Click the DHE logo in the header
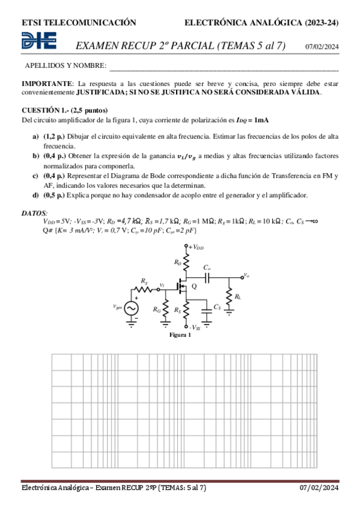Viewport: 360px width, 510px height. point(39,41)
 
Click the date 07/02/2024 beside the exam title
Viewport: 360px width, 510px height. point(322,47)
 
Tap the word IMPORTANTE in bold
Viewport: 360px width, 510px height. point(46,83)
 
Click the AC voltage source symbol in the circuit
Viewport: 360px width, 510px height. point(128,307)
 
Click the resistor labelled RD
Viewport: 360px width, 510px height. point(186,262)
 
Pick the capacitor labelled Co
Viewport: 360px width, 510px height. point(207,277)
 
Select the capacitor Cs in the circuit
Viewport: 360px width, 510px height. point(206,307)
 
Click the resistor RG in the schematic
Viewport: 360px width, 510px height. point(165,309)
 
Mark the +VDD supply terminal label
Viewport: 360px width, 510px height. point(196,247)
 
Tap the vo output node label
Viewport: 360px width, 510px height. point(245,275)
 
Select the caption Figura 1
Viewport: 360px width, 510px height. point(180,335)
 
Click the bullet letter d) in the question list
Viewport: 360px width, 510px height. point(35,195)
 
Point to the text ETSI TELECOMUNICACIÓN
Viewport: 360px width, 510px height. point(79,23)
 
